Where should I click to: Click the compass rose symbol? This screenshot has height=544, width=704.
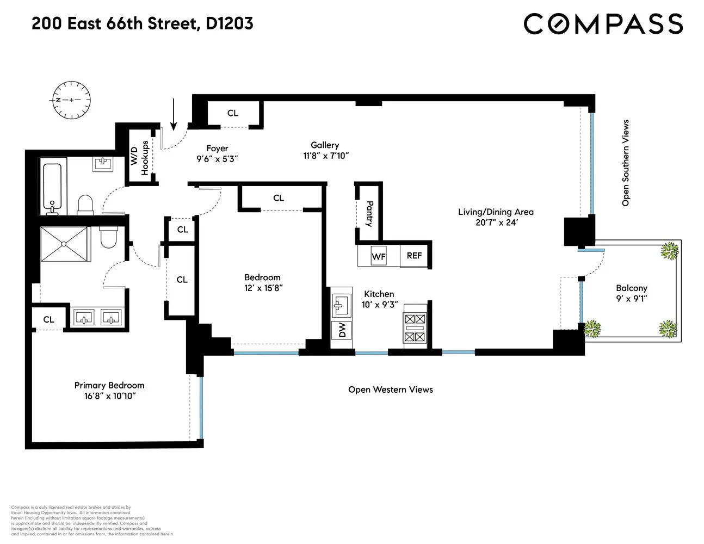pos(71,100)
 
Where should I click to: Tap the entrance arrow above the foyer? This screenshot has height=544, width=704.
pos(174,114)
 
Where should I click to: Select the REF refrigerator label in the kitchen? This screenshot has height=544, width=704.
pos(414,255)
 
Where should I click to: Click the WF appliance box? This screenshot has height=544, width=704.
pos(379,256)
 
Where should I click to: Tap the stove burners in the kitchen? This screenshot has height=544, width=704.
pos(415,328)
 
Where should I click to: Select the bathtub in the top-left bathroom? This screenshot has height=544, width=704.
pos(53,188)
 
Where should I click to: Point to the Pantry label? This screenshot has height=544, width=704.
pos(369,214)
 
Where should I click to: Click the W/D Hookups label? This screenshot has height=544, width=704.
pos(139,158)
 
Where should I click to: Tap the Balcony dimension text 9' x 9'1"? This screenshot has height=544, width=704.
pos(631,298)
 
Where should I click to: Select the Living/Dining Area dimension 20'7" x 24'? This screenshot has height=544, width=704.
pos(496,222)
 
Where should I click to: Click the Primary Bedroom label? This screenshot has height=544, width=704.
pos(109,385)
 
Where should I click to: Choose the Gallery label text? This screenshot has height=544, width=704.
pos(325,145)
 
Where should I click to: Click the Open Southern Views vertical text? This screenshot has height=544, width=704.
pos(625,163)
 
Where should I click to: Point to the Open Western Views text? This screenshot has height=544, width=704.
pos(390,390)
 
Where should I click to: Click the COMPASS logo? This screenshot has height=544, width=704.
pos(603,24)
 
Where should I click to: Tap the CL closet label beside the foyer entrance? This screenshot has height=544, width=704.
pos(233,113)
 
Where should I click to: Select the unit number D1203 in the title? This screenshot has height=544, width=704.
pos(230,23)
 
